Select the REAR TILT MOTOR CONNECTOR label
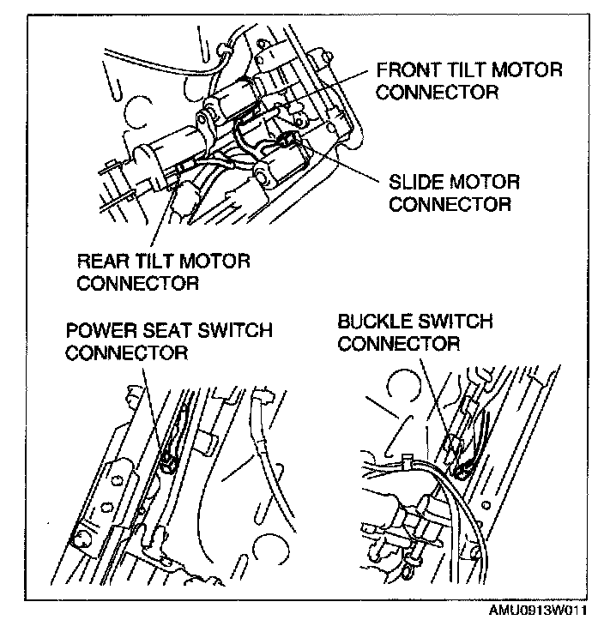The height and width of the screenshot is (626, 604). pos(164,270)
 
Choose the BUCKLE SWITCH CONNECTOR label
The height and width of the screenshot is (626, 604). pos(415,333)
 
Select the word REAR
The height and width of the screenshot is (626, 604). pos(101,260)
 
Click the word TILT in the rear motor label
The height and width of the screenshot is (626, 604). pos(160,260)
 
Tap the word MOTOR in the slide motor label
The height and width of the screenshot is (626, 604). pos(488,183)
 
